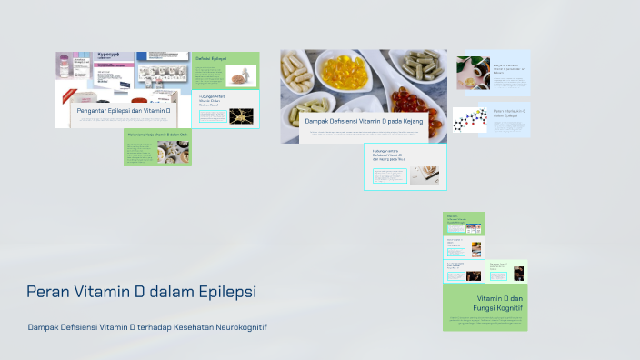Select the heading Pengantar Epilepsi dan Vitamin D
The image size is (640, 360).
pos(124,110)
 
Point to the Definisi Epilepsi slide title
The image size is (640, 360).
pos(212,58)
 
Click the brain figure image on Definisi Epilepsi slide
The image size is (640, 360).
pos(236,75)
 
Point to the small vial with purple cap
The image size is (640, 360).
pos(64,67)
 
